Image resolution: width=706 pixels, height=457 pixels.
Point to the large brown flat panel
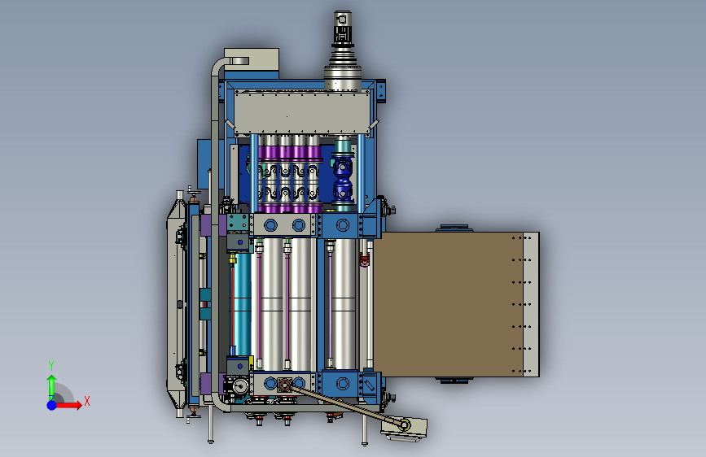[448, 304]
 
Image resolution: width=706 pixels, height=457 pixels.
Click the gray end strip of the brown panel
[531, 304]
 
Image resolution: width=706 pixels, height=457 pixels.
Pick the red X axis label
[87, 401]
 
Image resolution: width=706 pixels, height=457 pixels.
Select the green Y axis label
[51, 366]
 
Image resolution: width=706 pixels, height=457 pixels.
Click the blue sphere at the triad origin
[52, 405]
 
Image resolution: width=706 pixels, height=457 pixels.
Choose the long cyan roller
[242, 304]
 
